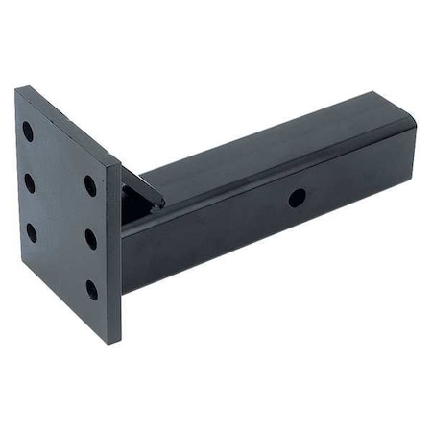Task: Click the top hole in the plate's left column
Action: [x=29, y=131]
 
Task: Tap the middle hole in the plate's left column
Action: [x=29, y=180]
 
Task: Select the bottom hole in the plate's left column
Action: [x=31, y=230]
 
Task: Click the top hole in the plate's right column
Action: [x=90, y=183]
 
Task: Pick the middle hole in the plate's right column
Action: [x=91, y=236]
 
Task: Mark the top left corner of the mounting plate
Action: [x=16, y=89]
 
